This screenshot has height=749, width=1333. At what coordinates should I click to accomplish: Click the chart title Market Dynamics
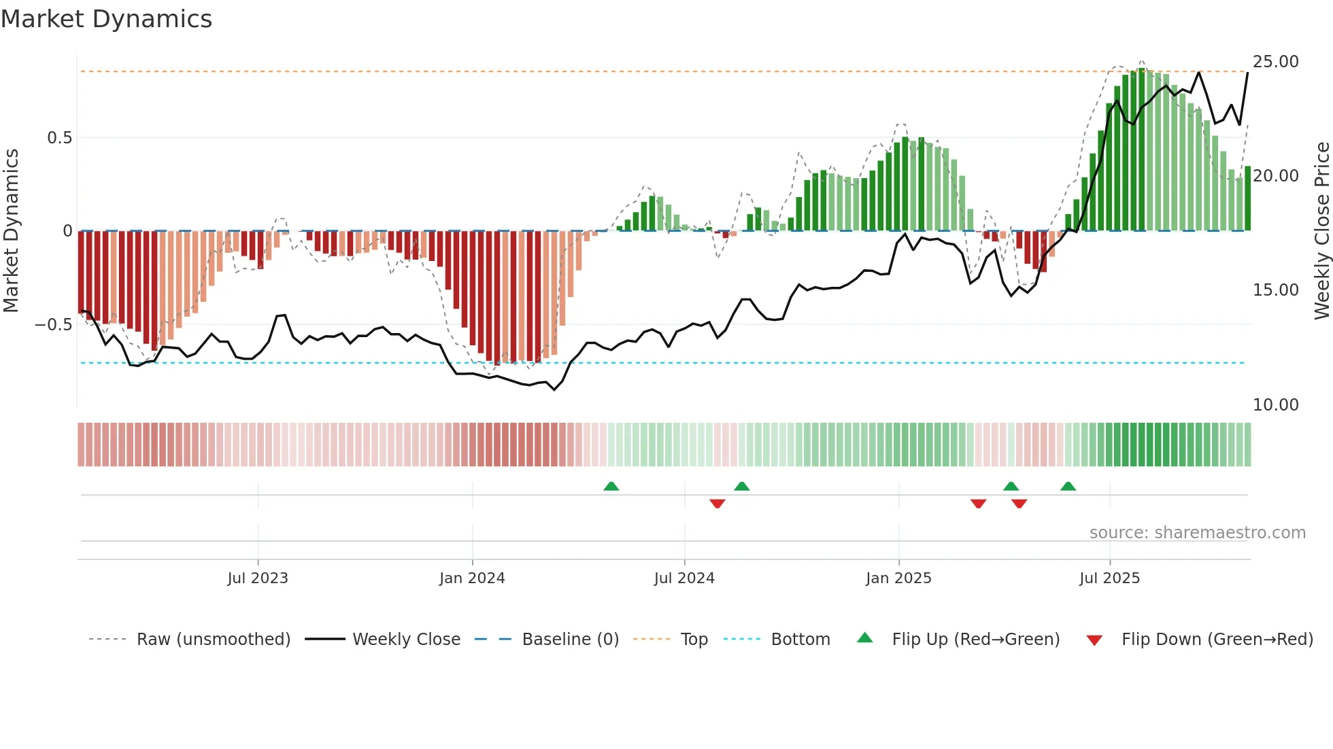click(x=106, y=19)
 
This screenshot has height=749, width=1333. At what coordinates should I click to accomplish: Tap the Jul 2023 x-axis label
click(x=258, y=578)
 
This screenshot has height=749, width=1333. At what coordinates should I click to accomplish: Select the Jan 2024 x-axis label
click(x=472, y=578)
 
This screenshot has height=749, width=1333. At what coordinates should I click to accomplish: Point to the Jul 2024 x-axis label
click(x=684, y=578)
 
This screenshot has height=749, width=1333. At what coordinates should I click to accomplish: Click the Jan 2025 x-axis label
click(x=898, y=578)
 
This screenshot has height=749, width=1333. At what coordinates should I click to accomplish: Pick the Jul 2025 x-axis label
click(x=1109, y=578)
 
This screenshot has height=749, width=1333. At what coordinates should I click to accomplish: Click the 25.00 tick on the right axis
click(x=1275, y=62)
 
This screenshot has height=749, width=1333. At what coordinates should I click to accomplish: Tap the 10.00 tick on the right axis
click(x=1275, y=405)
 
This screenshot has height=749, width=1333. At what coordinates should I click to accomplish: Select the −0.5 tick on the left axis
click(x=53, y=325)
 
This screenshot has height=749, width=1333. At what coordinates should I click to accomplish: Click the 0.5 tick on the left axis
click(x=59, y=138)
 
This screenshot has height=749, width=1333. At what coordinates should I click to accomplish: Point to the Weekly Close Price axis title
click(x=1321, y=231)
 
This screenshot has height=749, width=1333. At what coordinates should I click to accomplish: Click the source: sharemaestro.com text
click(x=1197, y=533)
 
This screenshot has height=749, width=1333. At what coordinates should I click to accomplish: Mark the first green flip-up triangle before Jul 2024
click(x=611, y=487)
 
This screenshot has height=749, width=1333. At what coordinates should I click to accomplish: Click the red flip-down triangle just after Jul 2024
click(x=717, y=504)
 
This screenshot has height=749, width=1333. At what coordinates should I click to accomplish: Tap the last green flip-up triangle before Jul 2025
click(x=1068, y=487)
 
